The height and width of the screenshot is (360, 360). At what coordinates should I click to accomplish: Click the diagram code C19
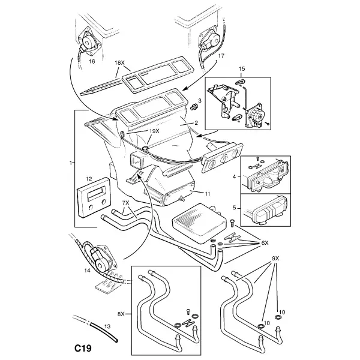[x=83, y=348]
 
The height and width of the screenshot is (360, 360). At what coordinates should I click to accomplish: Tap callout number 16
[x=92, y=62]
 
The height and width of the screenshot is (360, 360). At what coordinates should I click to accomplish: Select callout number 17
[x=221, y=56]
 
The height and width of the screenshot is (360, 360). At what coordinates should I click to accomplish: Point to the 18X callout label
[x=119, y=62]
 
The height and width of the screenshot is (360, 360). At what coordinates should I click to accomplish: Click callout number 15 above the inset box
[x=242, y=69]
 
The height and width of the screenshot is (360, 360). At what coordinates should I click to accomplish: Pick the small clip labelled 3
[x=194, y=107]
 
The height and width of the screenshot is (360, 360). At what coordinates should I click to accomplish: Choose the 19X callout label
[x=154, y=131]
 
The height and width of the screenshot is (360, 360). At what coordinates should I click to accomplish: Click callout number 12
[x=89, y=179]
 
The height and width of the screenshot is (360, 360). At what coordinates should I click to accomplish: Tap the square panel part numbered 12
[x=94, y=197]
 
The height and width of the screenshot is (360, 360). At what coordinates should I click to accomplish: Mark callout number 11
[x=208, y=194]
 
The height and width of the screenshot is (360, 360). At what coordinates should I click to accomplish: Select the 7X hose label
[x=125, y=203]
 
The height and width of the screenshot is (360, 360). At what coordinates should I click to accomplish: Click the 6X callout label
[x=265, y=243]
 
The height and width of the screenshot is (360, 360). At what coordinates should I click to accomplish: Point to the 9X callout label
[x=275, y=259]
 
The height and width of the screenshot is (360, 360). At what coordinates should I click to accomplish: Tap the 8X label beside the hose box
[x=121, y=314]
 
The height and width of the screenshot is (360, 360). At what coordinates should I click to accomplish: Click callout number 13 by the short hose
[x=107, y=326]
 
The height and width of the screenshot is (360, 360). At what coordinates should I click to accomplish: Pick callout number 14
[x=87, y=271]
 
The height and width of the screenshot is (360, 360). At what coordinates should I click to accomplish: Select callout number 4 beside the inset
[x=234, y=176]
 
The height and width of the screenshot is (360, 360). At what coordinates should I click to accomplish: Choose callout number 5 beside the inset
[x=234, y=208]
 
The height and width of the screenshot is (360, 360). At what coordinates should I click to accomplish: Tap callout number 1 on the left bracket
[x=71, y=163]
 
